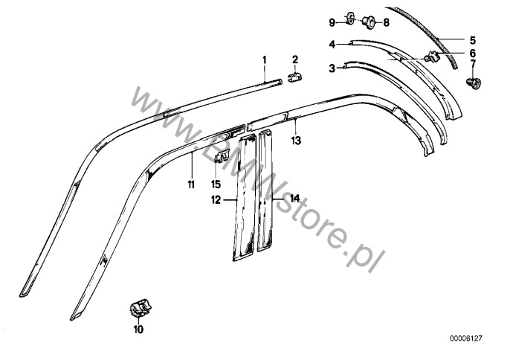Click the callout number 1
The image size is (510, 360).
coord(265,60)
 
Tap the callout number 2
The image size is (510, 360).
coord(295,60)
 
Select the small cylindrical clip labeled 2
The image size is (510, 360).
coord(295,78)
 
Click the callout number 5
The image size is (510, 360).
coord(472,40)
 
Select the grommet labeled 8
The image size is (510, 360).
coord(369,22)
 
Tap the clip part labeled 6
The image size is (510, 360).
coord(432,57)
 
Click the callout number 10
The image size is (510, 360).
coord(138,330)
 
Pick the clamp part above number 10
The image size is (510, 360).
coord(141,309)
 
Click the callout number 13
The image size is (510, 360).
coord(296,141)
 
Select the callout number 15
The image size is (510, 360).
coord(216,184)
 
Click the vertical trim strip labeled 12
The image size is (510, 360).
coord(245,198)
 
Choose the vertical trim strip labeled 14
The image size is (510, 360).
coord(265,190)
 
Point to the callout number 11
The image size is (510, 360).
coord(191,184)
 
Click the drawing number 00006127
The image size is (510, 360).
coord(466,338)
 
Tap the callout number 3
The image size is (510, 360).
coord(332,68)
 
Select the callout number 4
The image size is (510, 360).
coord(332,44)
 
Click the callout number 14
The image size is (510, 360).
coord(294,198)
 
